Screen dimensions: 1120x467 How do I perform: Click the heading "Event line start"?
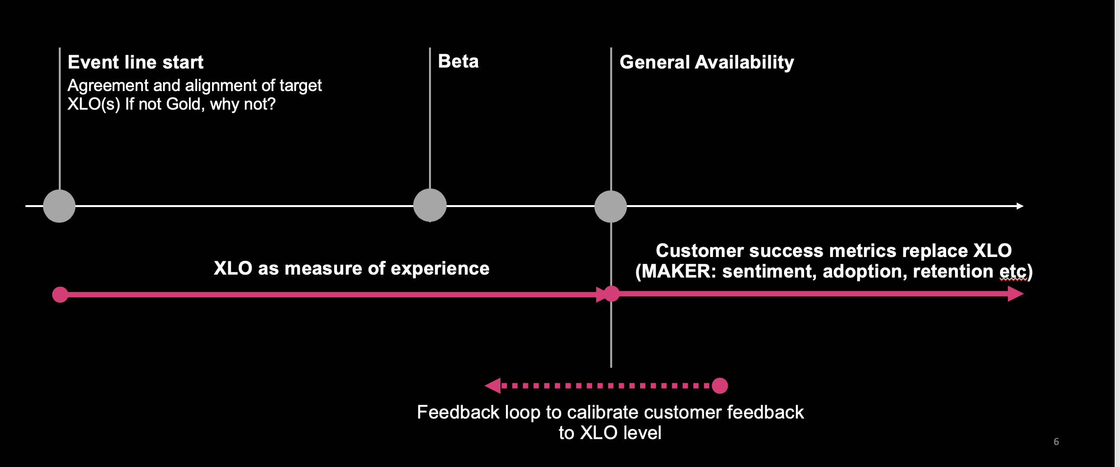(x=135, y=62)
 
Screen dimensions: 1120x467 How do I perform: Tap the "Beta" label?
(x=458, y=61)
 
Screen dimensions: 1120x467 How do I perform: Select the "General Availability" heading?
(x=707, y=63)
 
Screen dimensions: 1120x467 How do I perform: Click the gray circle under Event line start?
(x=59, y=206)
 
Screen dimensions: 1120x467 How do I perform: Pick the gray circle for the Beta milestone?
(x=430, y=205)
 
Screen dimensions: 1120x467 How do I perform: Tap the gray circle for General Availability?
(x=611, y=207)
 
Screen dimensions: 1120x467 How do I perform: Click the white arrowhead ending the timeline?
(x=1020, y=206)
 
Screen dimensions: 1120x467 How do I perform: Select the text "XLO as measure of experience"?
(x=352, y=268)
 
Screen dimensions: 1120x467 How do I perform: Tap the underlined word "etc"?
(x=1012, y=271)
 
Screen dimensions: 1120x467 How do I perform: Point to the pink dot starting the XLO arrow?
(x=60, y=295)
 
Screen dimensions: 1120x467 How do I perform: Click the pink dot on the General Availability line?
(x=611, y=294)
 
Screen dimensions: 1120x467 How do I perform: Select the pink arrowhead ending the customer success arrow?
(x=1016, y=294)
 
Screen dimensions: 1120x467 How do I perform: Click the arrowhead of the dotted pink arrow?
(x=493, y=386)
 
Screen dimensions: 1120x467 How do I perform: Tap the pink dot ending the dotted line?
(x=720, y=386)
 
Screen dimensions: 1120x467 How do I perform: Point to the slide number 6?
(x=1056, y=442)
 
